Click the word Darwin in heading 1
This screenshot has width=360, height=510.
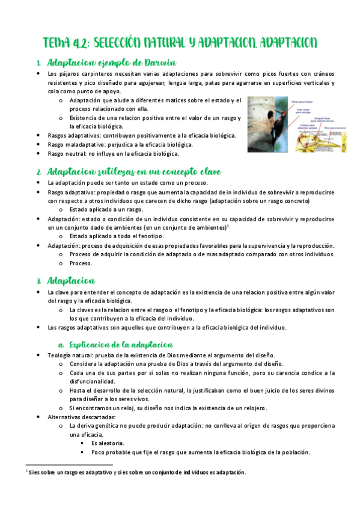tap(158, 63)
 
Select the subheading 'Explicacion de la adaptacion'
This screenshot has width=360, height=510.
tap(120, 345)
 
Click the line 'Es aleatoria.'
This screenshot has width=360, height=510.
tap(108, 443)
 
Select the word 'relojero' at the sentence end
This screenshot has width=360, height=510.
tap(249, 408)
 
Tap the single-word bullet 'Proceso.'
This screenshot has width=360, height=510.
tap(80, 263)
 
